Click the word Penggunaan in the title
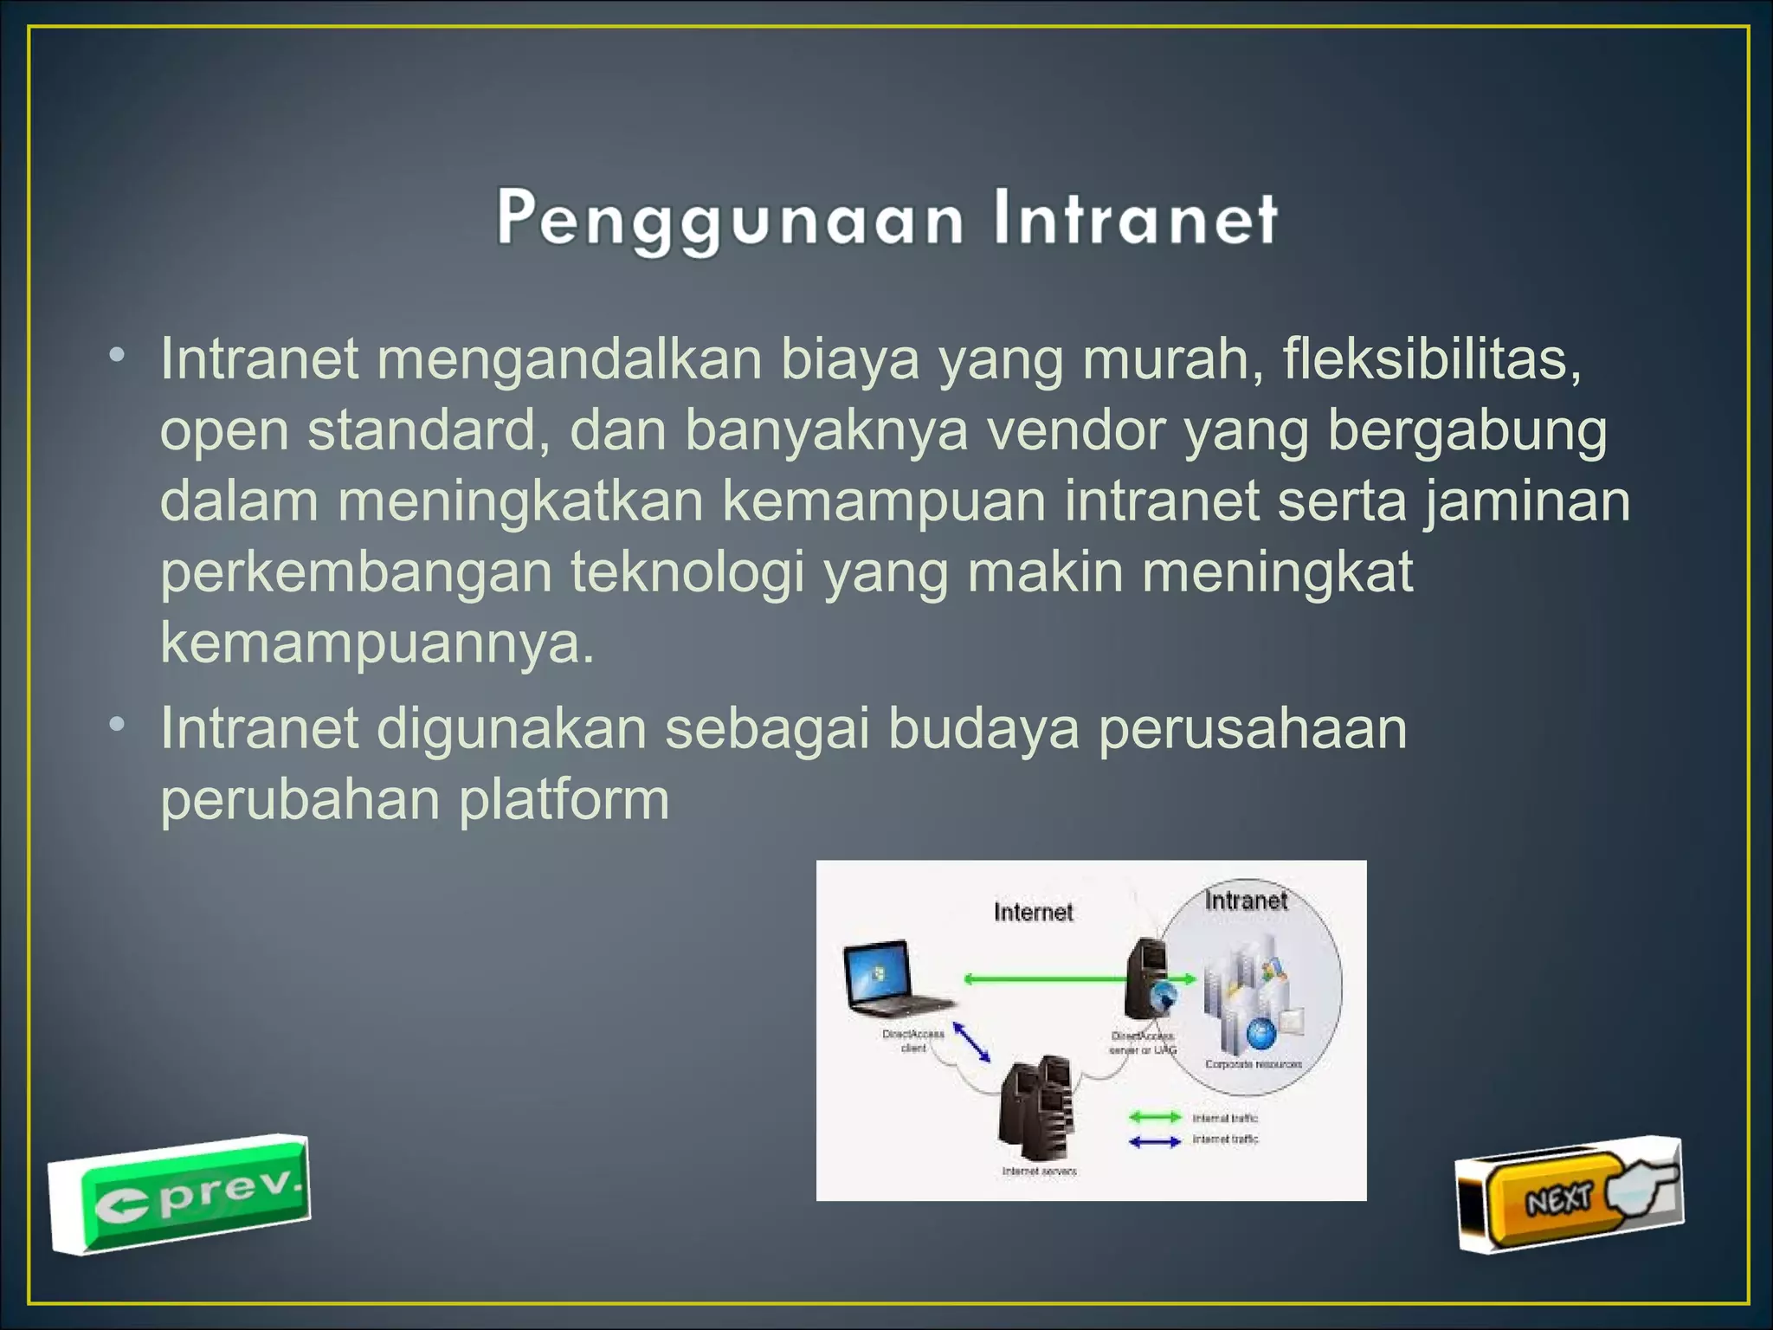click(x=729, y=219)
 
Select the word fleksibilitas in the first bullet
click(x=1432, y=358)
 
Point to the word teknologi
click(x=687, y=571)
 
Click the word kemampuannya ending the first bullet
click(x=377, y=642)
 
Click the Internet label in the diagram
click(x=1033, y=912)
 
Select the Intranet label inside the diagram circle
click(x=1246, y=901)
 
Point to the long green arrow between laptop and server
click(x=1048, y=979)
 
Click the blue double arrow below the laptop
click(x=971, y=1042)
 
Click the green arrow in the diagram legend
click(x=1155, y=1117)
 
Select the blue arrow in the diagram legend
click(x=1155, y=1141)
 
